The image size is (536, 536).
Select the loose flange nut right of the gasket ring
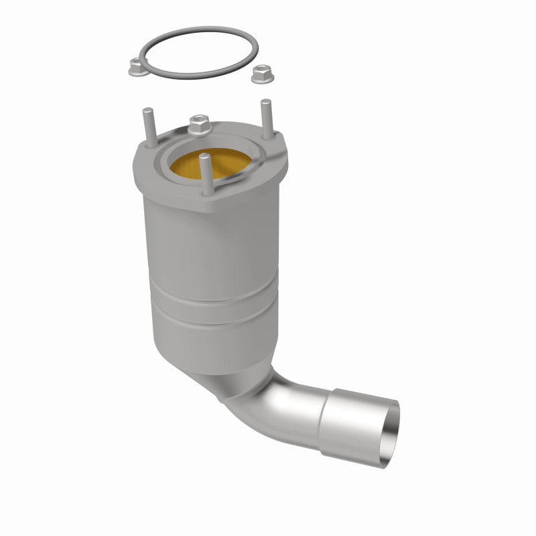(258, 76)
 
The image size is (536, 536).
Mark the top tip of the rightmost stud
(266, 102)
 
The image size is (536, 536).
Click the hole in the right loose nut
(258, 73)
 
